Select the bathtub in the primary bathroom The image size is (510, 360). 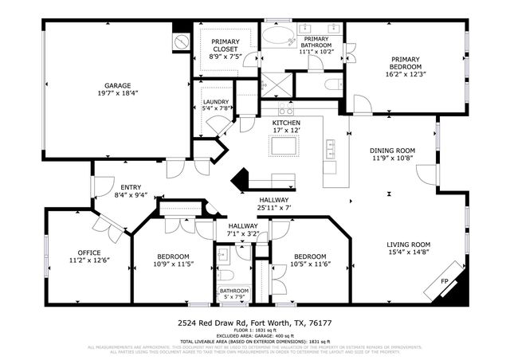pos(280,38)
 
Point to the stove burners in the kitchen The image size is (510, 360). pos(285,111)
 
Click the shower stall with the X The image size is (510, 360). pos(275,83)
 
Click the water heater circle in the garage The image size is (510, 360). pos(181,39)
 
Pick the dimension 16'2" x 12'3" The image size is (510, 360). pos(406,74)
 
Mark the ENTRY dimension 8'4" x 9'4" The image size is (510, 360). pos(131,194)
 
